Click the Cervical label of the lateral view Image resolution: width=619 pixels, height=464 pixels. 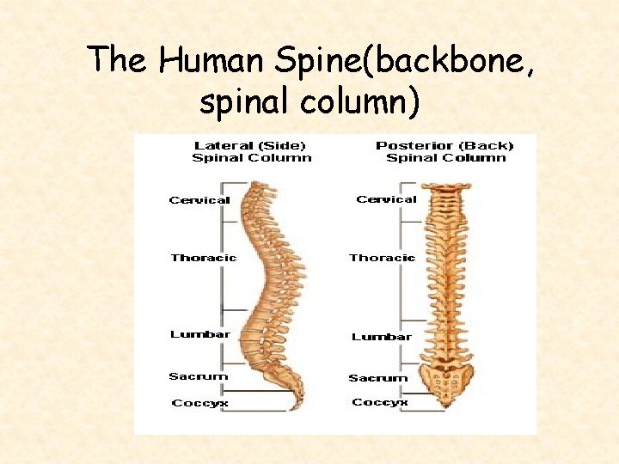(199, 200)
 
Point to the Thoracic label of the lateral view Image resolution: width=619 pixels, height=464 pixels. (203, 258)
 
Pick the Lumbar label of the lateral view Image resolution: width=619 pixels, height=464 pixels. (199, 334)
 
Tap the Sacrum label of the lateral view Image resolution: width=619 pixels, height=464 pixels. (198, 376)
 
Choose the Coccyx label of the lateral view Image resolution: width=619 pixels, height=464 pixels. (199, 403)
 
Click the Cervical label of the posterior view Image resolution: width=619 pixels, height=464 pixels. (386, 199)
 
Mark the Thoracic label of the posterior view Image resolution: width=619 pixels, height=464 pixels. (382, 258)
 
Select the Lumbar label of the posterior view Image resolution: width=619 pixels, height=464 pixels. (381, 337)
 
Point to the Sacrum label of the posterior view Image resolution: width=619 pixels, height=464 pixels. (377, 378)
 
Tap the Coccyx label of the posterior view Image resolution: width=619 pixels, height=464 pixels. (380, 402)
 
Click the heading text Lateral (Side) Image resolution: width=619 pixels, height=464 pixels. (250, 145)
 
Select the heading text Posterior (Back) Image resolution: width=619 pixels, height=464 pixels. (444, 145)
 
